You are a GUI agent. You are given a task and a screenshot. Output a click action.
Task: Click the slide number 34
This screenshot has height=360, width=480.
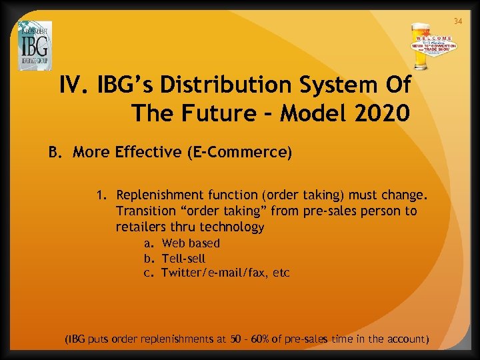click(x=458, y=22)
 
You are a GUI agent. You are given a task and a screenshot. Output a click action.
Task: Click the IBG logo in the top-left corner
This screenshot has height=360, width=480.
click(x=35, y=45)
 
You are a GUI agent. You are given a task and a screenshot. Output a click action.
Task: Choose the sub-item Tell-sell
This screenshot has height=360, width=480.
click(x=183, y=258)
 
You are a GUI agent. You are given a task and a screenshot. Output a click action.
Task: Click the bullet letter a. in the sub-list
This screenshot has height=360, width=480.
click(x=149, y=243)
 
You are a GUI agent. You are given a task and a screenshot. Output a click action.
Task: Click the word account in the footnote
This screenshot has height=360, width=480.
click(x=404, y=339)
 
